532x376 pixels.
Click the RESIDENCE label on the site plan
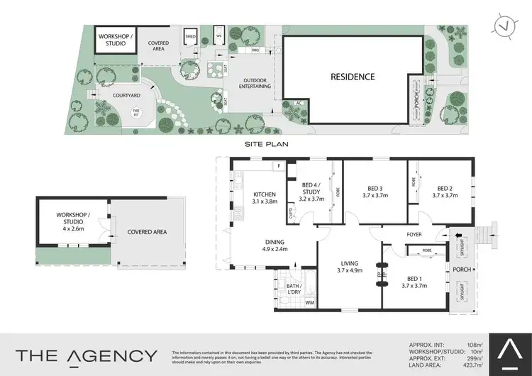click(351, 77)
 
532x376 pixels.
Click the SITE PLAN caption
click(264, 143)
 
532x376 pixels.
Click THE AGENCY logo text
click(87, 355)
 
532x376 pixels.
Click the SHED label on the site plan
click(190, 36)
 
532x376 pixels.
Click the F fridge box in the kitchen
click(279, 167)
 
